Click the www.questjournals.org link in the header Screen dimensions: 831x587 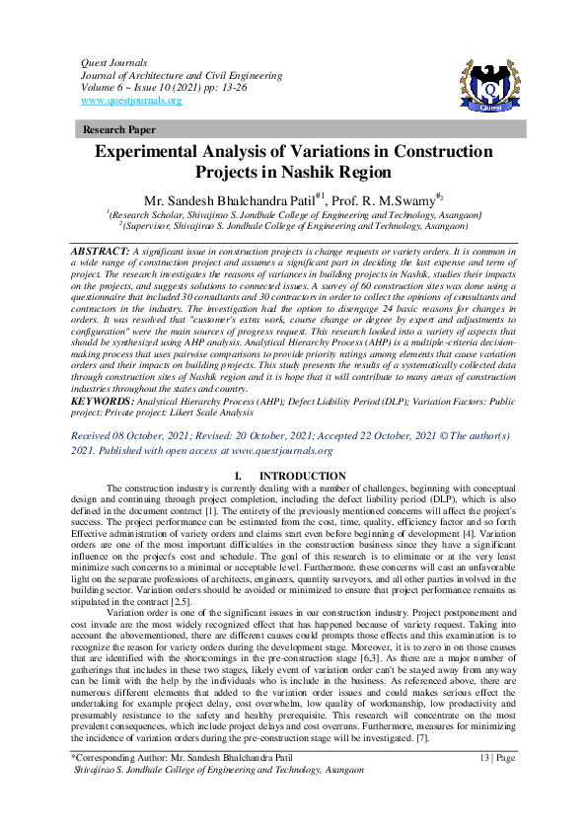[x=130, y=101]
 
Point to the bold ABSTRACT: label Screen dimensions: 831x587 [x=101, y=253]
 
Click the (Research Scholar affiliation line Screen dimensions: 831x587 [x=294, y=214]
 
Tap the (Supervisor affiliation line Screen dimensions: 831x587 [x=294, y=225]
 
